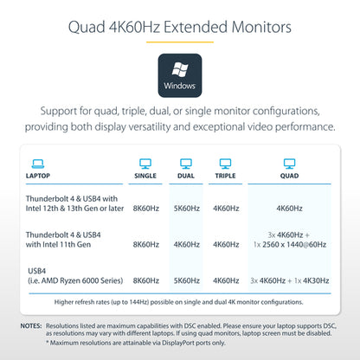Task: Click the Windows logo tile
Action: click(180, 75)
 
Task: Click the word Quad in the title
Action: click(87, 28)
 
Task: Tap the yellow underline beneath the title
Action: click(180, 42)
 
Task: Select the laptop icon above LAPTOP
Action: click(38, 164)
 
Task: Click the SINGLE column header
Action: click(145, 176)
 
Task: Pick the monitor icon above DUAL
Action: click(186, 164)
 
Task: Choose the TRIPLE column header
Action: click(225, 176)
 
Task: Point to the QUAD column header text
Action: click(289, 176)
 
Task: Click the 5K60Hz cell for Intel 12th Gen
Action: click(187, 209)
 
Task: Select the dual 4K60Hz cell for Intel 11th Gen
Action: click(187, 245)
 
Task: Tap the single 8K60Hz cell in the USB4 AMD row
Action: click(146, 280)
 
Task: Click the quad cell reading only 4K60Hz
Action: click(289, 209)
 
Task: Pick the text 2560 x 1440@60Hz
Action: click(294, 245)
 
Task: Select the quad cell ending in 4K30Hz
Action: click(290, 280)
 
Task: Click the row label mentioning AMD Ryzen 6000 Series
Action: click(75, 276)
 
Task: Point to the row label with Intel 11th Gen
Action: click(63, 240)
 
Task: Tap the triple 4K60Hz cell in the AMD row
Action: click(226, 280)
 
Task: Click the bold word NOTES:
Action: click(31, 326)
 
